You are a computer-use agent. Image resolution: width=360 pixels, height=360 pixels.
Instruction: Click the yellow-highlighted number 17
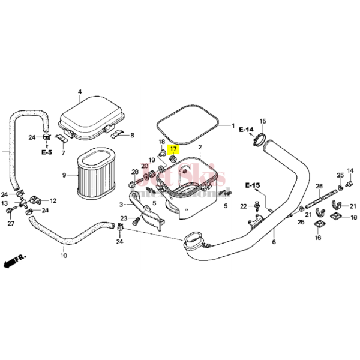click(x=173, y=149)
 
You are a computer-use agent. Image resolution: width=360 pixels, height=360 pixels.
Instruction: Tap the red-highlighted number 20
click(x=144, y=166)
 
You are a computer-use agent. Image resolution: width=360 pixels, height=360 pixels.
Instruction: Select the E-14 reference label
click(x=246, y=130)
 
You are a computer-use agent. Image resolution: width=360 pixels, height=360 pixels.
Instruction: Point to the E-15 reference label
click(x=253, y=186)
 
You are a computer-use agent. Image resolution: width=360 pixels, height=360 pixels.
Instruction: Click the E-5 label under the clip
click(x=47, y=153)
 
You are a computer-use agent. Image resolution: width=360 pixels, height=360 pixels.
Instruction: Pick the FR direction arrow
click(x=13, y=261)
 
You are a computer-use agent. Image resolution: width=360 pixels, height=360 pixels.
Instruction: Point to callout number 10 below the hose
click(x=63, y=256)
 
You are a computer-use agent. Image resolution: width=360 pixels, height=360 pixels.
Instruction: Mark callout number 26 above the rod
click(x=319, y=186)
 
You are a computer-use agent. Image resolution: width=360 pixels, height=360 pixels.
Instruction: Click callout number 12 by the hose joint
click(x=53, y=201)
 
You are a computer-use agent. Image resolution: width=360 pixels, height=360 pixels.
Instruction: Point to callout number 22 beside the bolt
click(x=243, y=206)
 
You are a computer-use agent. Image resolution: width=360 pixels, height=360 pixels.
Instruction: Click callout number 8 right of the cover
click(x=133, y=136)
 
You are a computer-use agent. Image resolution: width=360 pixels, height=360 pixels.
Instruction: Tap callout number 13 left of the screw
click(x=5, y=205)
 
